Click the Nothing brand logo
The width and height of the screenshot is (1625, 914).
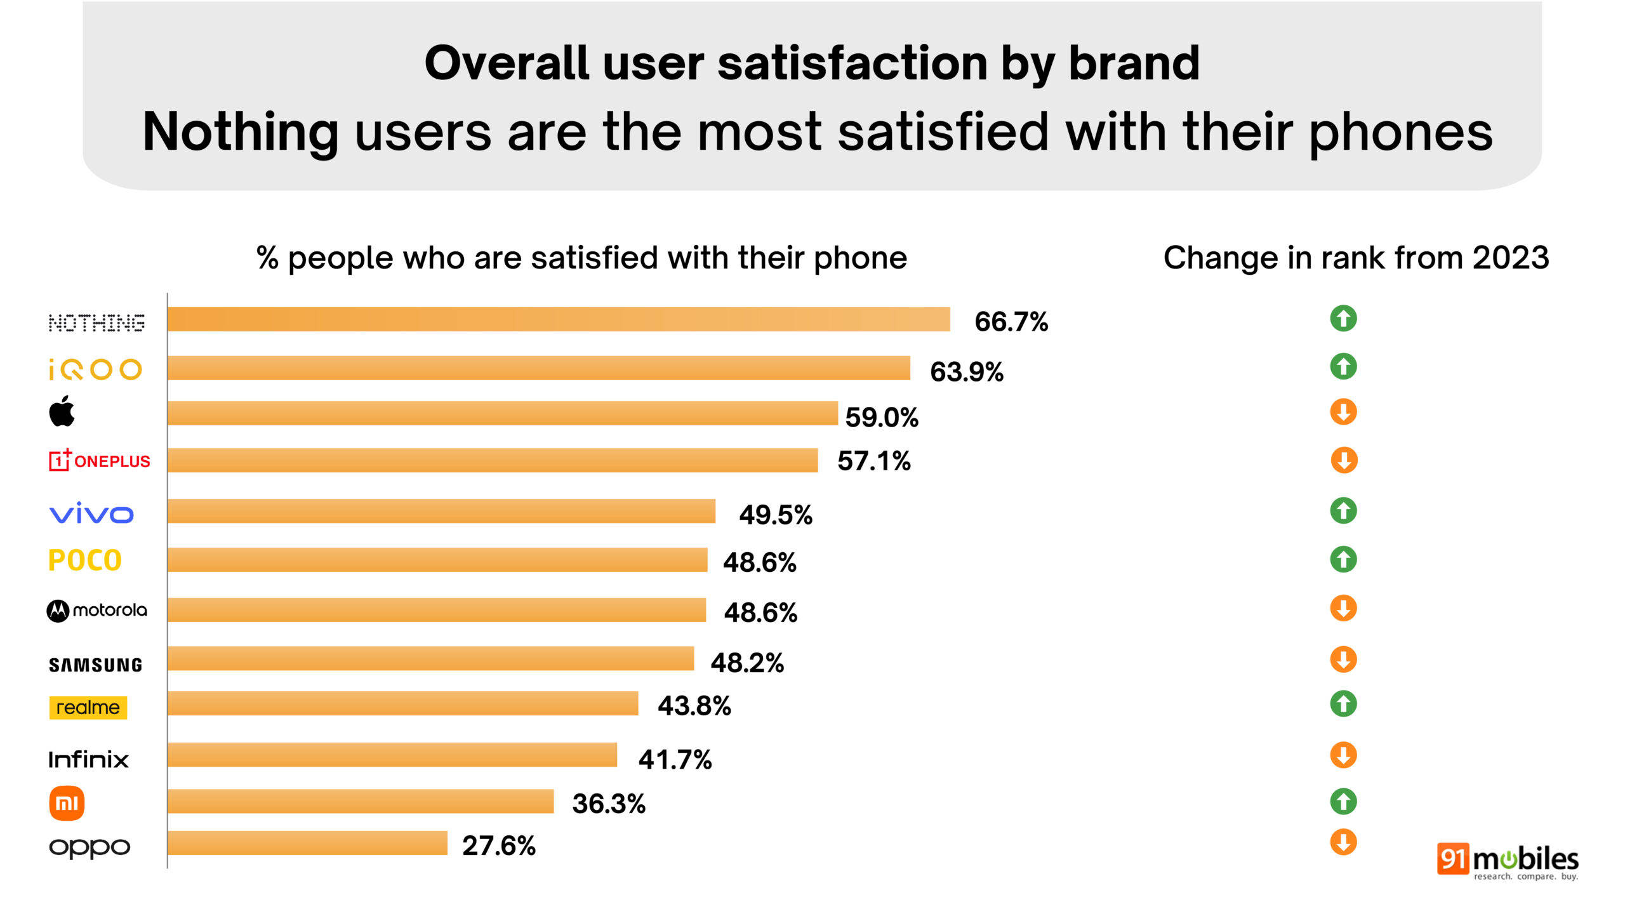(96, 322)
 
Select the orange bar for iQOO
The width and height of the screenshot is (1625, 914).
(538, 368)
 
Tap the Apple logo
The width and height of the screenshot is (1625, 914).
(62, 411)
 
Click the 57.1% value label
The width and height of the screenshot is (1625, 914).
(873, 461)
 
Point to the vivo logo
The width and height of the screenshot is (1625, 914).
(91, 513)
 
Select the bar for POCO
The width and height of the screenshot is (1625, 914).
(437, 560)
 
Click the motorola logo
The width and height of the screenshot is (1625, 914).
(96, 611)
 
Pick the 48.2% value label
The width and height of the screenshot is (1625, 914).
(746, 663)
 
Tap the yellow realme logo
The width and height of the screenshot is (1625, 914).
(88, 707)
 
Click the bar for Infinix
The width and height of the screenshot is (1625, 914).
(392, 755)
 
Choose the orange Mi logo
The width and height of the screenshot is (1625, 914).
(67, 804)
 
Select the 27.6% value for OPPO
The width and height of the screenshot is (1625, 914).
(498, 845)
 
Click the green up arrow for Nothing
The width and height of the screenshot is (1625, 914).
(1343, 319)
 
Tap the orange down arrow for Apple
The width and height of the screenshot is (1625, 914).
(1343, 412)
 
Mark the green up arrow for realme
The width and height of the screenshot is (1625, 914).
(1343, 704)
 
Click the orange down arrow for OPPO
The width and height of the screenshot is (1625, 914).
(1343, 843)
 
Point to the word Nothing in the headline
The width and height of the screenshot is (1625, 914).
(240, 132)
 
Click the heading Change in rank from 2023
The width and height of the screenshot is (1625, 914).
(1356, 258)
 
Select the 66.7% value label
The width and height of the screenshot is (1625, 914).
(1011, 322)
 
